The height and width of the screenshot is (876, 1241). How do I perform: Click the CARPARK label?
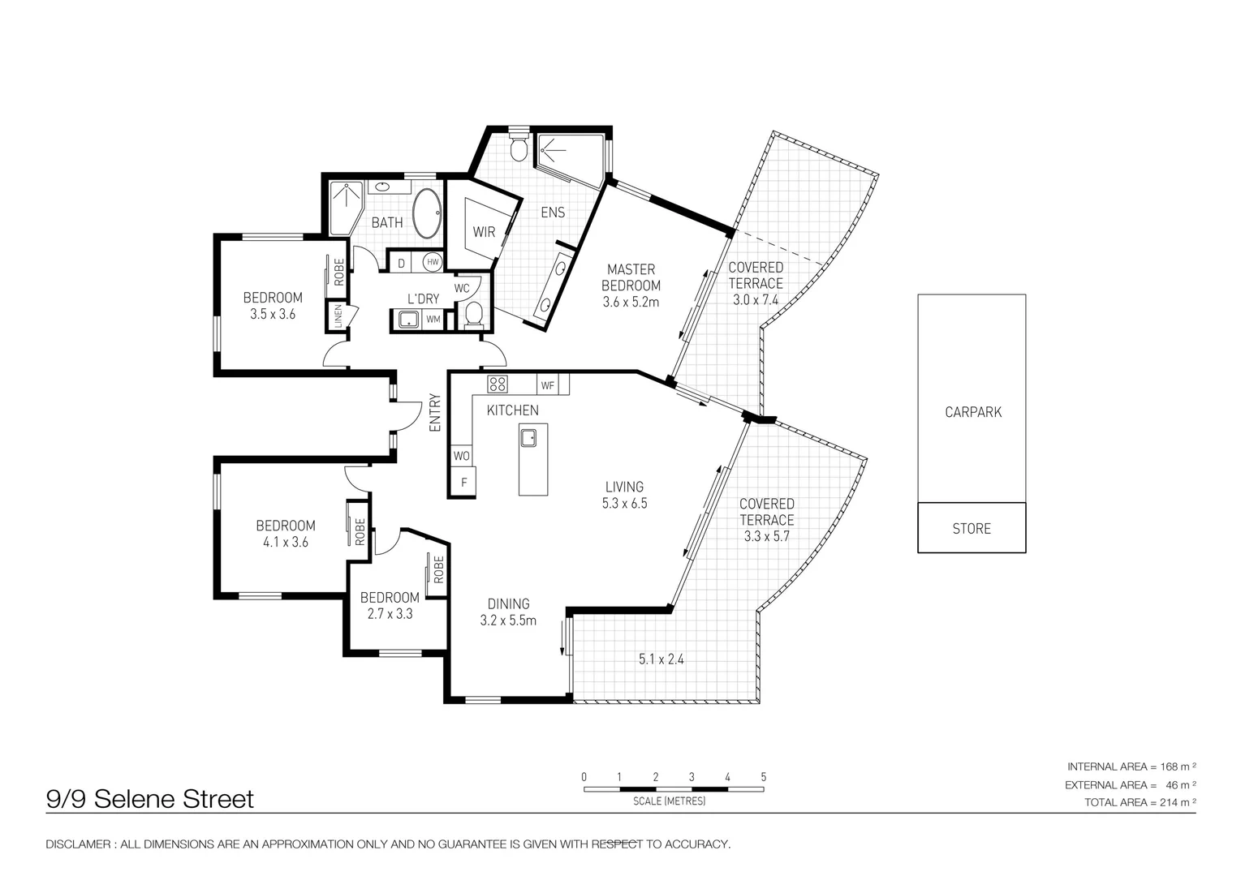(x=972, y=412)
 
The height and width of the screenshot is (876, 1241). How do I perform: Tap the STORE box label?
(x=972, y=529)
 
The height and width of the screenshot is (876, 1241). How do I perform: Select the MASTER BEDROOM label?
(x=631, y=277)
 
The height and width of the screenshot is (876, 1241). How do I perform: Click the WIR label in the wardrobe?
(x=484, y=232)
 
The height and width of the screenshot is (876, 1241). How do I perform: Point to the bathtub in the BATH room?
(x=428, y=214)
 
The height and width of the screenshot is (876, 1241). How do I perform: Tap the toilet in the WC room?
(x=473, y=313)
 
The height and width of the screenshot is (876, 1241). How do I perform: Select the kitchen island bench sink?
(x=528, y=438)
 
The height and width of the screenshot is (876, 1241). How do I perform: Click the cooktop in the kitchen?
(x=497, y=384)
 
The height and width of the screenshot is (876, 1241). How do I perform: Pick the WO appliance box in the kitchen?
(x=461, y=456)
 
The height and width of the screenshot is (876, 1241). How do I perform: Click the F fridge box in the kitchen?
(x=464, y=483)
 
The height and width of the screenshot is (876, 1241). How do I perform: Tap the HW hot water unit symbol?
(x=433, y=262)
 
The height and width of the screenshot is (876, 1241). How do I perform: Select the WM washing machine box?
(x=433, y=320)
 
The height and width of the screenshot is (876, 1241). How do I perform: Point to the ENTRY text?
(x=435, y=412)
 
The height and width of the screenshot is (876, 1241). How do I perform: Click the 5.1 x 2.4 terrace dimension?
(x=661, y=659)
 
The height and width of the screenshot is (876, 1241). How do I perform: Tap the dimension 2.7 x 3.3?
(x=390, y=614)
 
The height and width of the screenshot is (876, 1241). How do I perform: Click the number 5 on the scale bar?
(x=763, y=777)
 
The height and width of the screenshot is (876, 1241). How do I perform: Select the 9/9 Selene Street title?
(x=150, y=799)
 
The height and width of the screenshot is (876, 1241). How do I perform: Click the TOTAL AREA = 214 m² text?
(x=1140, y=802)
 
